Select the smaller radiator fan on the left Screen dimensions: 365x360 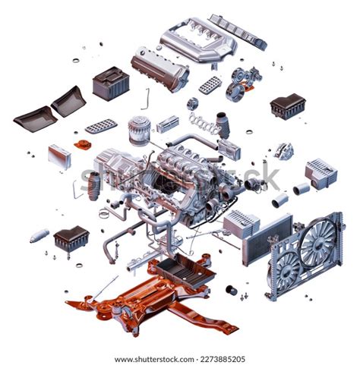(286, 269)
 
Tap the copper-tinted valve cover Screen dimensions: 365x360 (159, 69)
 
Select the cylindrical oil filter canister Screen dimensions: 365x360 (137, 130)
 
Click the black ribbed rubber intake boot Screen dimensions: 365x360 (93, 185)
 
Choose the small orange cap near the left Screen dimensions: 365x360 (81, 143)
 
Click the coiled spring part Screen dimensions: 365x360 (203, 121)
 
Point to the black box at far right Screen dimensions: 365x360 (287, 105)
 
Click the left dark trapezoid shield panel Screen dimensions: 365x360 (35, 118)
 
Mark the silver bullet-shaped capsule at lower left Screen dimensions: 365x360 (39, 235)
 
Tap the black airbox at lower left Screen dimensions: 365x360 (71, 238)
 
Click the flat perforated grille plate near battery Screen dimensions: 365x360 (101, 125)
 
